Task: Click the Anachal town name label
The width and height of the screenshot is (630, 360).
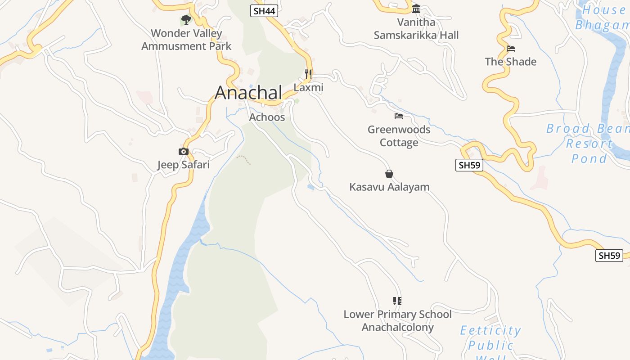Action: tap(248, 93)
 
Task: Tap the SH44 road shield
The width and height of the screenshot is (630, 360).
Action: tap(264, 11)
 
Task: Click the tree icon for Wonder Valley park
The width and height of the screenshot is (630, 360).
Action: tap(186, 20)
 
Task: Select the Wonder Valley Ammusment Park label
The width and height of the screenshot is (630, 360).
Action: tap(186, 40)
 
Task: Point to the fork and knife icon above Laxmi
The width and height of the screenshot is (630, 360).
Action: tap(308, 74)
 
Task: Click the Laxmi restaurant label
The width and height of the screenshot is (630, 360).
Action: tap(308, 88)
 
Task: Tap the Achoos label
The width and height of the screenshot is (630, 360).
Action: tap(267, 117)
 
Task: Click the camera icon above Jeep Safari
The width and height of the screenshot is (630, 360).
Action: tap(183, 151)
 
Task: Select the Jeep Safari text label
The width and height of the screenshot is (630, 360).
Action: tap(183, 165)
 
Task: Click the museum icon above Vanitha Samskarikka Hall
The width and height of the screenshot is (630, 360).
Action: tap(416, 9)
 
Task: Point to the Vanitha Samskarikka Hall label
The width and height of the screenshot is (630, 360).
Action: tap(416, 29)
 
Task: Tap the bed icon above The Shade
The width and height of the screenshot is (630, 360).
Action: tap(510, 49)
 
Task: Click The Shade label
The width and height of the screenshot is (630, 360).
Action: tap(510, 62)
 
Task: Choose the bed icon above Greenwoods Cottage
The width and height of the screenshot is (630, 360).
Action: tap(399, 116)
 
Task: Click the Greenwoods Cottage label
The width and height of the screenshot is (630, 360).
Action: tap(399, 136)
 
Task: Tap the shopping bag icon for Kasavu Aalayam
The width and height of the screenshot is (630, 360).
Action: tap(389, 174)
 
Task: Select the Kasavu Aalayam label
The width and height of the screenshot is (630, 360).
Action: tap(389, 187)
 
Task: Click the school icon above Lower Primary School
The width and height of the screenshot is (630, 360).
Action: tap(397, 301)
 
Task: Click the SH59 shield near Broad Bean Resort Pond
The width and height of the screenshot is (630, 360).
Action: tap(469, 165)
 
